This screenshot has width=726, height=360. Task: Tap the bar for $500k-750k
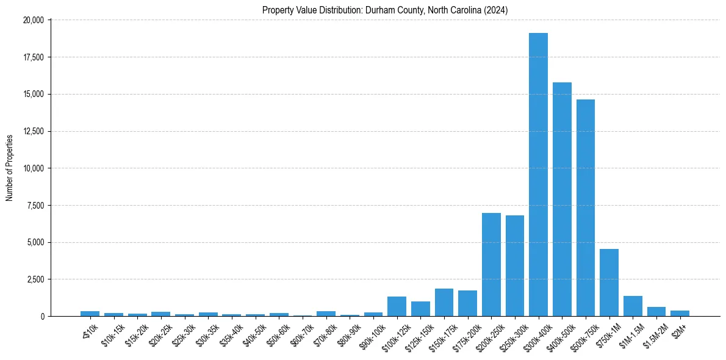point(586,207)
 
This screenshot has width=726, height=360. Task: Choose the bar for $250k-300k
point(515,265)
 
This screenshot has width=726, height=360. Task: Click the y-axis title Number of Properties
point(9,168)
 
